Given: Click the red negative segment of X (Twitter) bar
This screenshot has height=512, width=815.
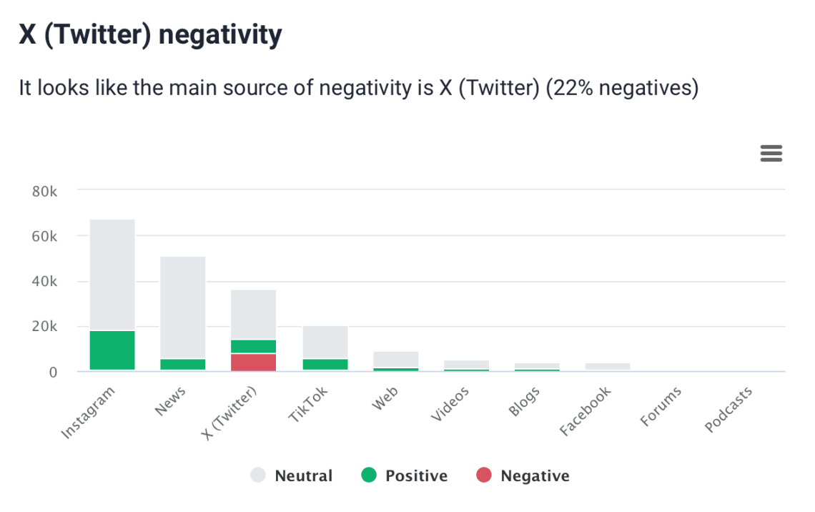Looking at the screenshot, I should coord(253,362).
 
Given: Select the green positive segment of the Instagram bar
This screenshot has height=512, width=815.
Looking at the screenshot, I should coord(112,350).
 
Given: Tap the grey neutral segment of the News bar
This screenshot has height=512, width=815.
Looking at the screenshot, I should coord(182,307).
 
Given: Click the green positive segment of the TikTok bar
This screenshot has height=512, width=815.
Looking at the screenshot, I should coord(325,364).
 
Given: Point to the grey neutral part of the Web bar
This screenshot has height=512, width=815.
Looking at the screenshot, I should coord(395,359).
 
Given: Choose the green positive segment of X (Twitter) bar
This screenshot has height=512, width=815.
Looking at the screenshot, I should coord(253,346).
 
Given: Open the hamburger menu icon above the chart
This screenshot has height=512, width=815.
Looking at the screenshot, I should coord(771,153).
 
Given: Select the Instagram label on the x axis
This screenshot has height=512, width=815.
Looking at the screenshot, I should coord(89,413).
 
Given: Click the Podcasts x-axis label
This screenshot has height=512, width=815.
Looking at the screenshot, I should coord(728,410).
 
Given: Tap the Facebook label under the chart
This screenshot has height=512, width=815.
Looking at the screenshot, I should coord(586,411).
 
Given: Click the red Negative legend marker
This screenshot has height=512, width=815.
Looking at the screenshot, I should coord(484,476).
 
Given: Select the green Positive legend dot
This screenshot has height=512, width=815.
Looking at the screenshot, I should coord(368,476).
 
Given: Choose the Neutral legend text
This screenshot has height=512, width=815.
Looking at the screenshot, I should coord(304,476).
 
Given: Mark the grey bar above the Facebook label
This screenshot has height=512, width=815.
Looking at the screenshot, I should coord(607,366).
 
